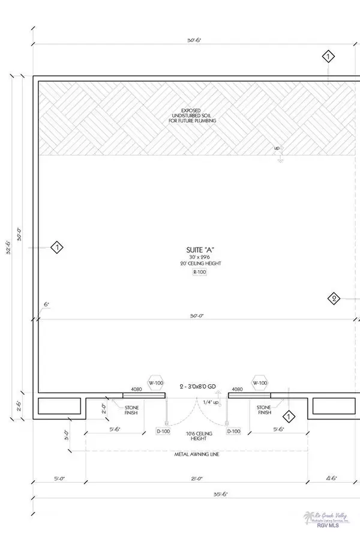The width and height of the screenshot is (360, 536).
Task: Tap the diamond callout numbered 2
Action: tap(334, 298)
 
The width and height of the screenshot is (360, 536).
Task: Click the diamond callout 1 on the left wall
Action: tap(56, 247)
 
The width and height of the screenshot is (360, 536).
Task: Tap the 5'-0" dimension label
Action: tap(59, 479)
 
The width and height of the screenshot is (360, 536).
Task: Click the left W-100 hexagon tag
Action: tap(157, 383)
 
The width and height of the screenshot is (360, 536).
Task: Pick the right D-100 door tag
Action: tap(234, 430)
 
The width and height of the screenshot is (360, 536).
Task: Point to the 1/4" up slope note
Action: tap(211, 402)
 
